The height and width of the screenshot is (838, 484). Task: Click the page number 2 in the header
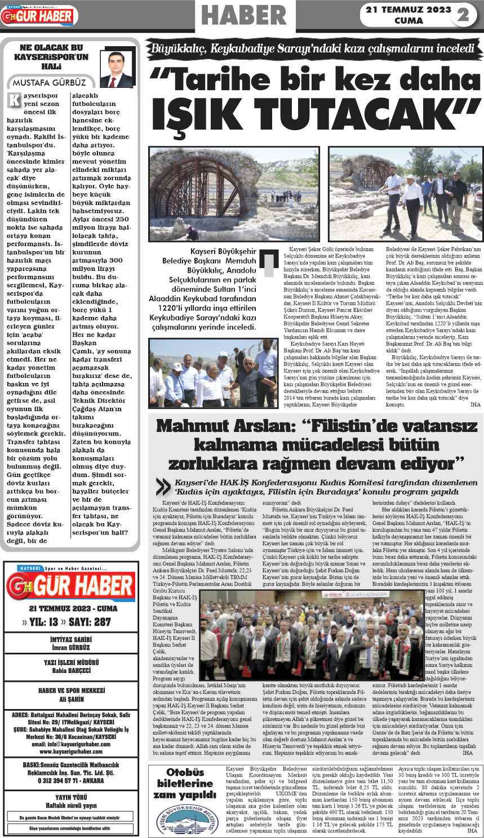[x=463, y=15]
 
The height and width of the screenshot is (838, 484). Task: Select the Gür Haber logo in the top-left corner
[x=39, y=16]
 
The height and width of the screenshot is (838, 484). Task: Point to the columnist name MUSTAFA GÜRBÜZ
[x=46, y=83]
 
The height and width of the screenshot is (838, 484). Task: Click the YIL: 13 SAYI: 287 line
[x=70, y=622]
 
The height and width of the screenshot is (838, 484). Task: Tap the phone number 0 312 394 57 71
[x=71, y=781]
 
